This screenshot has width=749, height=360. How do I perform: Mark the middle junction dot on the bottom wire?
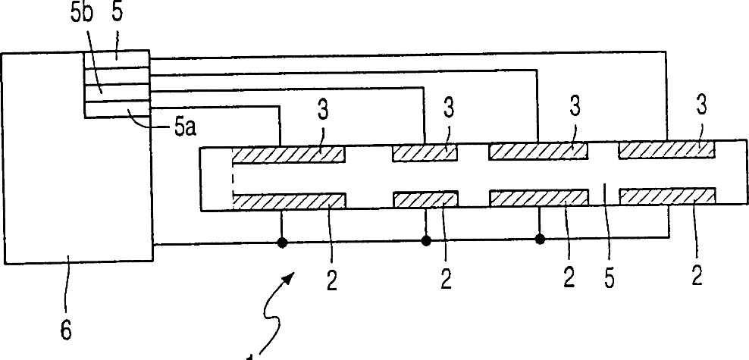pos(426,241)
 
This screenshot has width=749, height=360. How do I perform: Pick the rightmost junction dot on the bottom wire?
pos(540,239)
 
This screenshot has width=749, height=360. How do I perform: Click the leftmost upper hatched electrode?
pos(288,154)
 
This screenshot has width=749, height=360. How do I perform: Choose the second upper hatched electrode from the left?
pos(425,153)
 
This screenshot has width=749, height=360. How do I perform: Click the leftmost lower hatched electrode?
pos(289,201)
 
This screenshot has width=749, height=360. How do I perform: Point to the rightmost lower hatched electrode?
pos(666,196)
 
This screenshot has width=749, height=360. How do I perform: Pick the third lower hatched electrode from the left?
pos(538,198)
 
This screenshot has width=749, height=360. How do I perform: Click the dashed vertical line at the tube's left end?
pos(232,177)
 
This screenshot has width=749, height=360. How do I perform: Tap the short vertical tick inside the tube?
pos(604,193)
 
